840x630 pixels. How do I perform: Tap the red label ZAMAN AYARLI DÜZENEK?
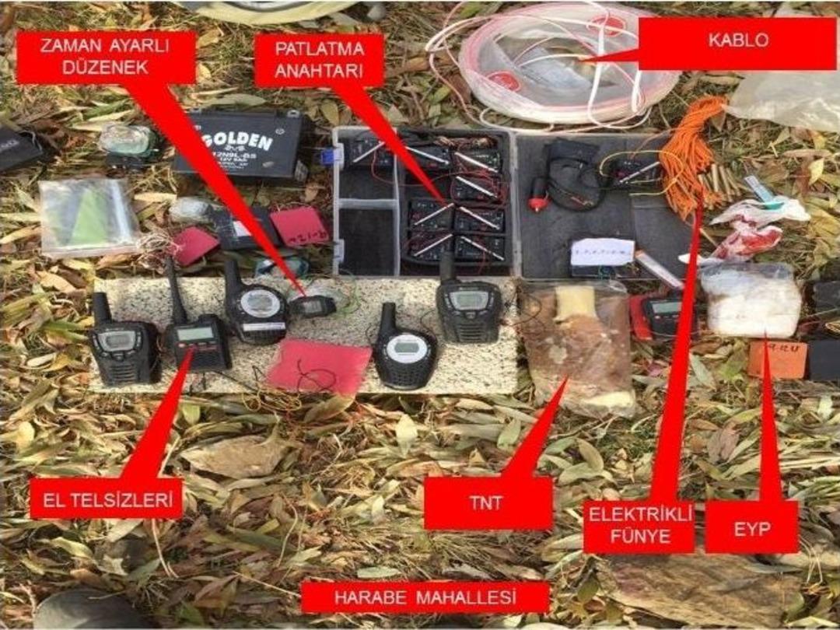tap(106, 57)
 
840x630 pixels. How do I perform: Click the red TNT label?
tap(488, 503)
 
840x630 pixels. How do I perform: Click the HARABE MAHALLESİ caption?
tap(425, 597)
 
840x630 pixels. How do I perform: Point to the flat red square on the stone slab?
tap(319, 366)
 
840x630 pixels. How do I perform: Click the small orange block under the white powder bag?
tap(777, 359)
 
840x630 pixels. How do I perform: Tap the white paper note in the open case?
tap(602, 252)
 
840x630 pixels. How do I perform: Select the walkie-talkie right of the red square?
tap(404, 351)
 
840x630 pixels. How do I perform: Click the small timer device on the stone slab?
tap(313, 306)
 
